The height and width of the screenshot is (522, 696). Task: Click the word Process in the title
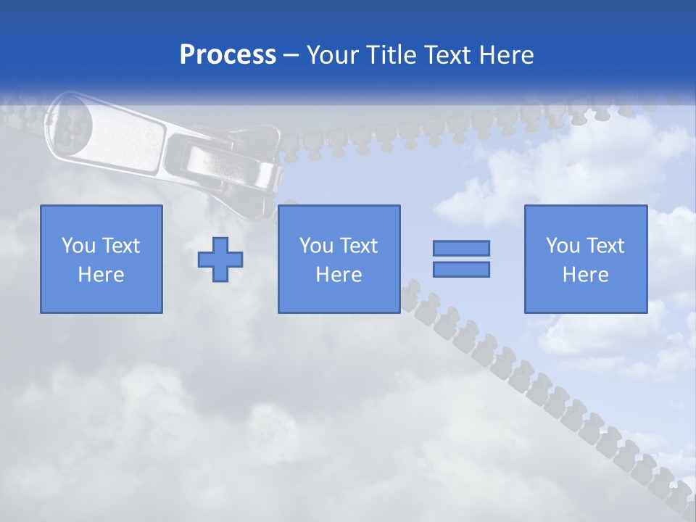(x=228, y=55)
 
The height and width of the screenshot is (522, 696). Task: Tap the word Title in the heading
(x=391, y=55)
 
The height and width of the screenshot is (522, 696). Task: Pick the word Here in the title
(x=507, y=55)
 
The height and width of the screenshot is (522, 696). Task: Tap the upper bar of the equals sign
(x=461, y=248)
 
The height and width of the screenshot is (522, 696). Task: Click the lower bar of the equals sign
(x=461, y=270)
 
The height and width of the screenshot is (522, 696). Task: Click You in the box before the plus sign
(x=79, y=246)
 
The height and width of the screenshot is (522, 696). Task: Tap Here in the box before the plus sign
(x=101, y=275)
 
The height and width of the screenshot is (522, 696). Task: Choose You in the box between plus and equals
(x=317, y=246)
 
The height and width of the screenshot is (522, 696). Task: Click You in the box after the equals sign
(x=563, y=246)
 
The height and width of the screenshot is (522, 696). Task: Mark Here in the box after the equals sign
(x=585, y=275)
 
